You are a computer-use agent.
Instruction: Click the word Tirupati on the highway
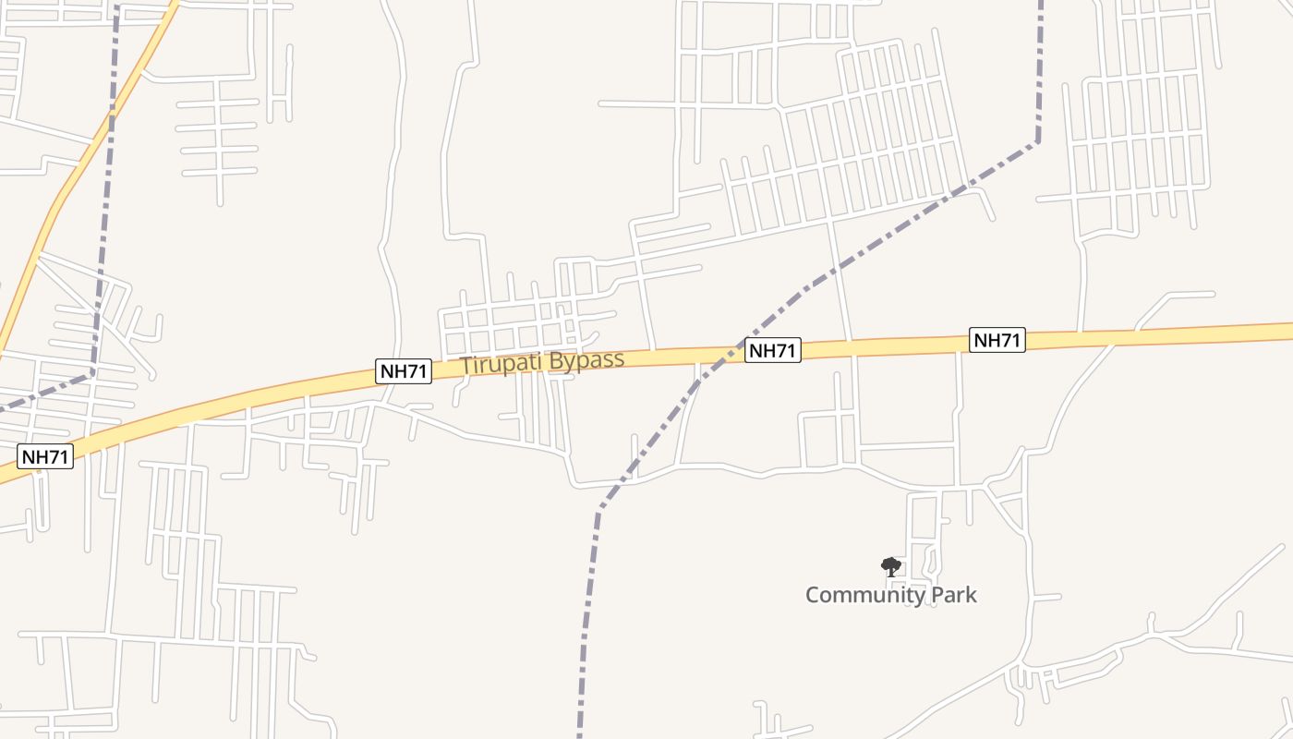(500, 364)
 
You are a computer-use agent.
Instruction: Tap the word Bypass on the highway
(584, 359)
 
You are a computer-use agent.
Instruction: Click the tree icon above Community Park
(890, 566)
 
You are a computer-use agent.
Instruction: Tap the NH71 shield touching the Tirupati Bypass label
(405, 371)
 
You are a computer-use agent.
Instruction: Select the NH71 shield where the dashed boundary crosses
(772, 350)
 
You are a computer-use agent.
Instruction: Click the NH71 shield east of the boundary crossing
(997, 340)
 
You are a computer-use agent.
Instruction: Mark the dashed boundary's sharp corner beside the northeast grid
(1038, 142)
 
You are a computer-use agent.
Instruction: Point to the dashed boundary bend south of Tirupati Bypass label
(600, 507)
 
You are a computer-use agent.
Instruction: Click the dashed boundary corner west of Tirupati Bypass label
(92, 373)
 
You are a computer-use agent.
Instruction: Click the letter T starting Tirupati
(465, 366)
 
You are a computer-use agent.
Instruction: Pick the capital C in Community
(814, 595)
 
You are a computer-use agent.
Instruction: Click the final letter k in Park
(971, 595)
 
